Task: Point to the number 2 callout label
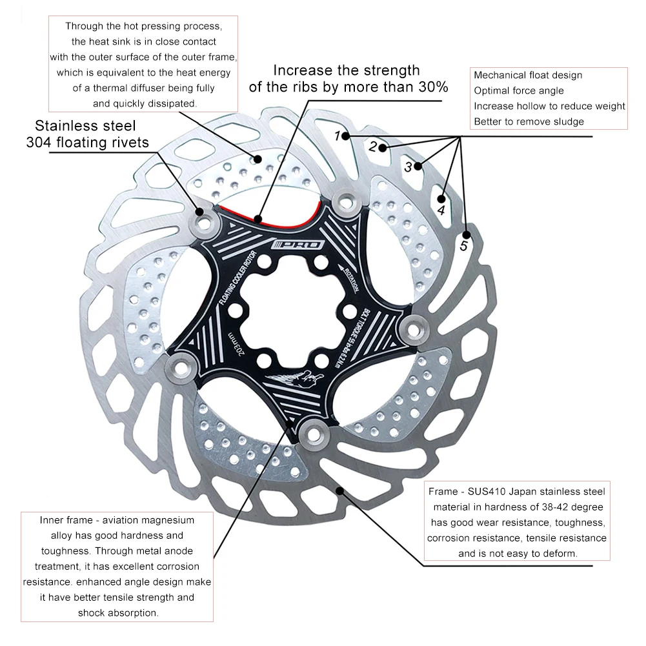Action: [x=372, y=146]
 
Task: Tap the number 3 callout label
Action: [x=408, y=167]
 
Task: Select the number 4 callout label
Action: [x=441, y=210]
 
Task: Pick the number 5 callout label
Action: [x=463, y=246]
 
